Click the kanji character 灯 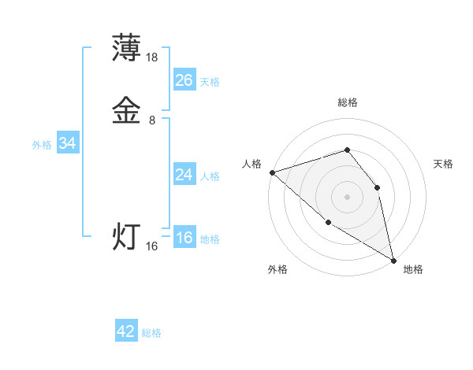127,235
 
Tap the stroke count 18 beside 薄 152,57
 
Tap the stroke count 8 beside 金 152,120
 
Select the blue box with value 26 184,80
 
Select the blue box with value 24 184,175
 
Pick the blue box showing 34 67,143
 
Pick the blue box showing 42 126,331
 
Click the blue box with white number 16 184,238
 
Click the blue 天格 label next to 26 210,82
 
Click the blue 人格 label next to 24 210,176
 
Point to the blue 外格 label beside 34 42,145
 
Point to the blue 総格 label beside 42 151,333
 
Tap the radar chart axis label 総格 347,102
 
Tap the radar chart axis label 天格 443,164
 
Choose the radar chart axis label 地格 413,269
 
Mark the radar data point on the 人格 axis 271,172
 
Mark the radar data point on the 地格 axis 393,260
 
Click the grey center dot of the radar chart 347,196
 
